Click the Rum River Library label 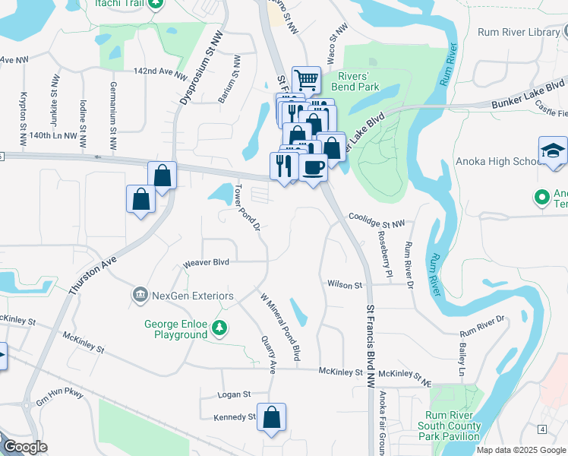519,32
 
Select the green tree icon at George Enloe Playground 219,328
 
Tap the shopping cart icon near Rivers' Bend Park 306,79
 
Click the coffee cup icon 312,166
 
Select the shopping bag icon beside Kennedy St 271,416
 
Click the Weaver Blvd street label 206,264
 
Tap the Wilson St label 345,284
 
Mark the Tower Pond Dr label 248,207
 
